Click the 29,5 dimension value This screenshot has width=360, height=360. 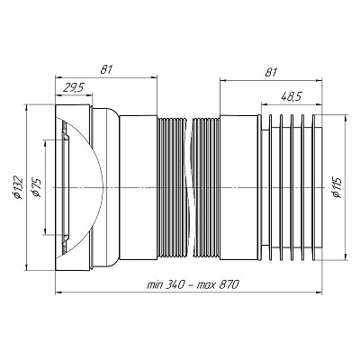pos(73,88)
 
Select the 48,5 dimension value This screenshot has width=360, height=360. pos(292,96)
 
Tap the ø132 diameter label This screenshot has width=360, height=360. pos(18,187)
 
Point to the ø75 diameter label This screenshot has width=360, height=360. pos(37,188)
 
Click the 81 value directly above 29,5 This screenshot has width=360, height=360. pos(106,69)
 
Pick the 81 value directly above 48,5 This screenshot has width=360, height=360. pos(271,72)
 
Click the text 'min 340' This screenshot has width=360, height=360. pos(165,284)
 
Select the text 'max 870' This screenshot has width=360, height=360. pos(218,284)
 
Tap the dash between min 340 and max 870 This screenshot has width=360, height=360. pos(190,284)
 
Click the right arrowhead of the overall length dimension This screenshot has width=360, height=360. pos(319,292)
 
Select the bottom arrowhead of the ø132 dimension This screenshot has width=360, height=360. pos(26,267)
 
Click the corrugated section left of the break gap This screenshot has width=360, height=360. pos(174,187)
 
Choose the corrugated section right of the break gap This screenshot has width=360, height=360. pos(206,187)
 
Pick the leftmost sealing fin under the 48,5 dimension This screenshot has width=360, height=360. pos(271,187)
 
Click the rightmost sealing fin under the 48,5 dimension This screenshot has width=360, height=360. pos(314,187)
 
